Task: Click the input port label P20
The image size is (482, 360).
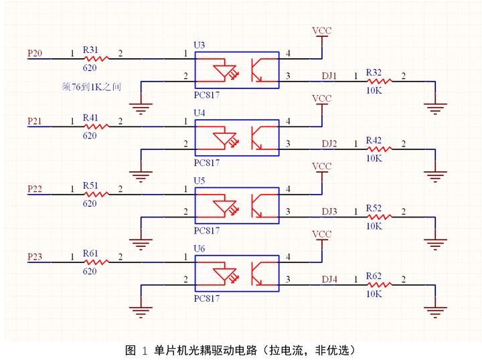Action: pyautogui.click(x=34, y=53)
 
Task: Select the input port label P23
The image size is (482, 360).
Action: pyautogui.click(x=34, y=256)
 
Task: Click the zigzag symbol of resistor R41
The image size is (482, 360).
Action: pyautogui.click(x=96, y=126)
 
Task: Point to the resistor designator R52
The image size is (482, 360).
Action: pyautogui.click(x=373, y=209)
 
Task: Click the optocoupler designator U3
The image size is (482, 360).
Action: pyautogui.click(x=199, y=45)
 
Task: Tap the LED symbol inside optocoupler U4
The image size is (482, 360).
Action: pyautogui.click(x=223, y=138)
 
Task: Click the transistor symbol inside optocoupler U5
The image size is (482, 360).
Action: pyautogui.click(x=257, y=205)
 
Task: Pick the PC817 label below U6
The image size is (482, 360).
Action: pyautogui.click(x=206, y=298)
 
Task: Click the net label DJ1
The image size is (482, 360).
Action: pyautogui.click(x=329, y=76)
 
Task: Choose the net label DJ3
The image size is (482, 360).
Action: pyautogui.click(x=329, y=211)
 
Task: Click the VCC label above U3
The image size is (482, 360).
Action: pyautogui.click(x=322, y=31)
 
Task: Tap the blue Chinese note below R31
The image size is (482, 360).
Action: pyautogui.click(x=91, y=86)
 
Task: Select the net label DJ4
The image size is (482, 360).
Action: pyautogui.click(x=329, y=279)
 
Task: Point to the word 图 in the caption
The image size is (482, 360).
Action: pyautogui.click(x=131, y=350)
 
